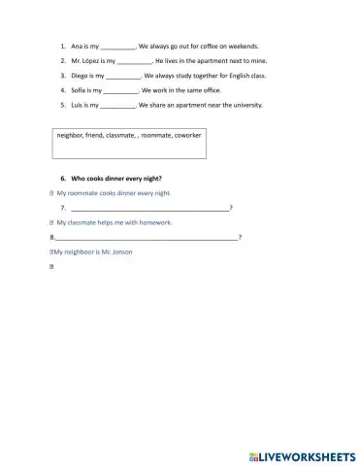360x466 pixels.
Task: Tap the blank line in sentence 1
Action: pos(118,47)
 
